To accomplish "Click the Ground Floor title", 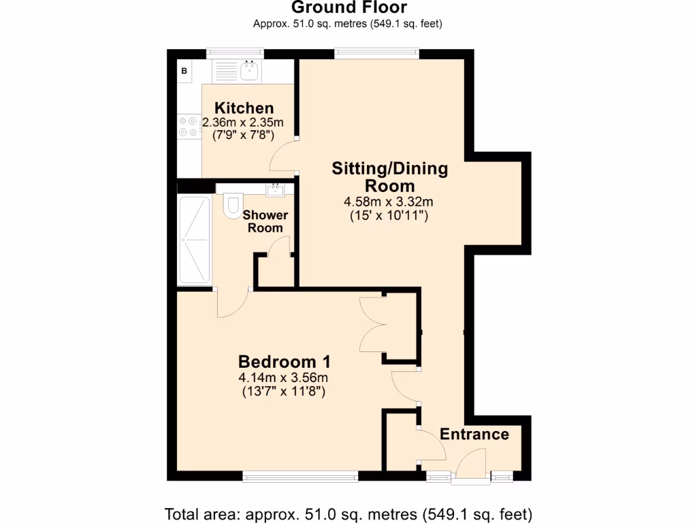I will (x=348, y=7).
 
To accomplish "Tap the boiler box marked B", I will (x=184, y=70).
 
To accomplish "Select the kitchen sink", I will (x=250, y=69).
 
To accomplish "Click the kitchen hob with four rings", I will (x=189, y=127).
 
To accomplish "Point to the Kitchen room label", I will (x=244, y=108).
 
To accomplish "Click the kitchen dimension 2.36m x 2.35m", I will (x=243, y=123).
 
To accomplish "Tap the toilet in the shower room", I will (x=233, y=204).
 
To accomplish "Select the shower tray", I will (x=193, y=240).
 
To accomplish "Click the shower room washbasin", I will (x=276, y=189).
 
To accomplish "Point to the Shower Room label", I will (x=265, y=221).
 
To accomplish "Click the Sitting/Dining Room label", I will (x=389, y=176).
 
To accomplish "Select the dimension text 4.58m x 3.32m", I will (x=389, y=202).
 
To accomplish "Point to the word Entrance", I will (x=474, y=434).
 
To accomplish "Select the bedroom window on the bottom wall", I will (x=300, y=477).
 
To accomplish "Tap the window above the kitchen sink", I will (x=236, y=51).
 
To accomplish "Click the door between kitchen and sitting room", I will (x=285, y=155).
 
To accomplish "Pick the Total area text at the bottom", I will (x=348, y=513).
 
